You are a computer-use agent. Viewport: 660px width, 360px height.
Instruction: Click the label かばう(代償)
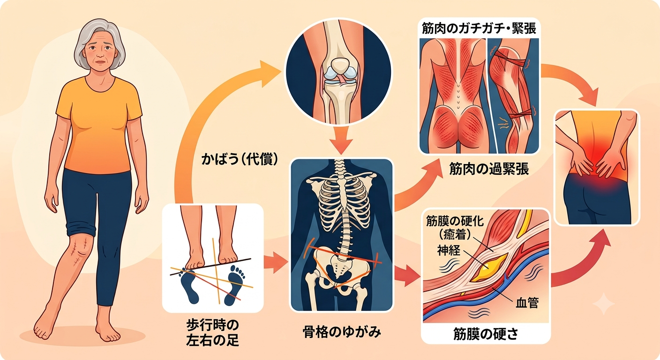tap(240, 159)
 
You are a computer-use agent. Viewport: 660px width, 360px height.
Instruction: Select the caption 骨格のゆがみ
tap(342, 332)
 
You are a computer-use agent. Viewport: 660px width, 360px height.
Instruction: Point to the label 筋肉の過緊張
tap(489, 169)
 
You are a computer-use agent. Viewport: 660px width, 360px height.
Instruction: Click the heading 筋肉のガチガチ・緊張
tap(479, 29)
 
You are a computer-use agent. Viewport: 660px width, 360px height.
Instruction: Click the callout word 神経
tap(449, 250)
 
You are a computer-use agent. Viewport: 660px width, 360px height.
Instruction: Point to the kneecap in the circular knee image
tap(340, 66)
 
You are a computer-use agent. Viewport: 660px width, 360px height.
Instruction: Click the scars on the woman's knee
tap(78, 250)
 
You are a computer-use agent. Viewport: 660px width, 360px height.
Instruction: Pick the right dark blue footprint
tap(234, 285)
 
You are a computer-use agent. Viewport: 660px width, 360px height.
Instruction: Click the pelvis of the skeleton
tap(341, 268)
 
